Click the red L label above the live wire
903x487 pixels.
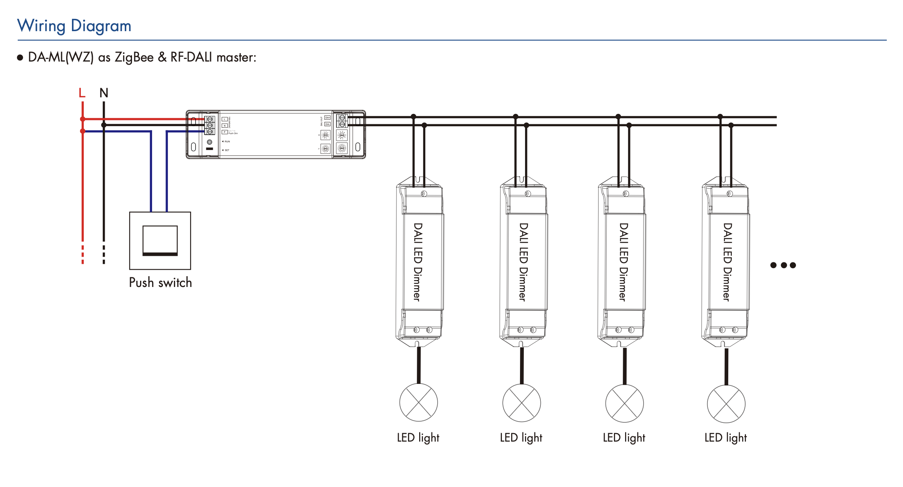click(x=82, y=93)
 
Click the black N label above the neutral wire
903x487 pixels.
click(x=104, y=93)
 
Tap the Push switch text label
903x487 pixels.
click(x=160, y=283)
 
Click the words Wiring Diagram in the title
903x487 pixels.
click(x=74, y=26)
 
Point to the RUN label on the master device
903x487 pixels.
click(x=227, y=142)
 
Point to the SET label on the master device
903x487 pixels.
click(x=227, y=150)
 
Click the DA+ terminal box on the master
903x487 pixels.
click(x=327, y=118)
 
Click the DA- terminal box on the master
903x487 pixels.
click(x=327, y=124)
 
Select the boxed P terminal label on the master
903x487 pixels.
click(x=225, y=132)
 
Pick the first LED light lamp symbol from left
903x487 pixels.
click(x=418, y=402)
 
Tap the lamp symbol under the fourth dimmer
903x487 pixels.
click(x=726, y=404)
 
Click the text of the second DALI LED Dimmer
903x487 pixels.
click(x=523, y=262)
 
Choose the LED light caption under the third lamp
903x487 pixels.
click(x=624, y=438)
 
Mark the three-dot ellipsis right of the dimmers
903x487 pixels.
click(x=783, y=265)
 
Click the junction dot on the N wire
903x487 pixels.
click(x=104, y=125)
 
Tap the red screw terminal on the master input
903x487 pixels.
click(x=210, y=119)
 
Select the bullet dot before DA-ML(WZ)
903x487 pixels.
click(x=20, y=58)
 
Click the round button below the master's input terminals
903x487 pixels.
click(x=210, y=142)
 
